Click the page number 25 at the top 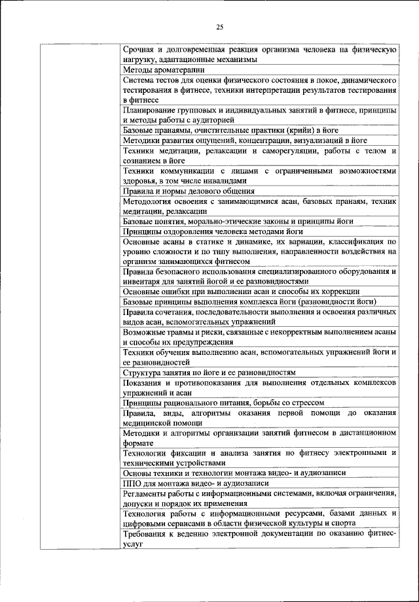coord(219,27)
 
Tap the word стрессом coord(306,403)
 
